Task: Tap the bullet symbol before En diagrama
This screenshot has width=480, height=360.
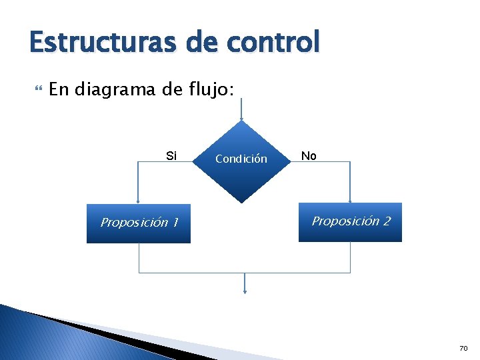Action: click(37, 89)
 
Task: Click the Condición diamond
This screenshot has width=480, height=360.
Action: click(241, 160)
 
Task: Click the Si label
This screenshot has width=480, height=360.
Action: click(171, 156)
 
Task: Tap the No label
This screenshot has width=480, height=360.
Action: click(309, 156)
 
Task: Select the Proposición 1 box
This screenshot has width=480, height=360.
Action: click(139, 223)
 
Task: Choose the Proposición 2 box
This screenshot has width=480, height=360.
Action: click(350, 222)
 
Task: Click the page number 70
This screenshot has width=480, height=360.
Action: click(463, 349)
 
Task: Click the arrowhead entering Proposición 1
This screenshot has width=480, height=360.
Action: click(138, 200)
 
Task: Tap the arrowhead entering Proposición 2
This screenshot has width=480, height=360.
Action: click(350, 199)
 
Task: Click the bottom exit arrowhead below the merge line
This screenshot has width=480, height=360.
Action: click(245, 291)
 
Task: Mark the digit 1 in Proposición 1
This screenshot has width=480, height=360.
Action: click(175, 223)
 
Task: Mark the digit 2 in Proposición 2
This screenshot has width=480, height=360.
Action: click(386, 221)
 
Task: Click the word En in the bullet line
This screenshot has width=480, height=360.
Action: click(59, 89)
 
